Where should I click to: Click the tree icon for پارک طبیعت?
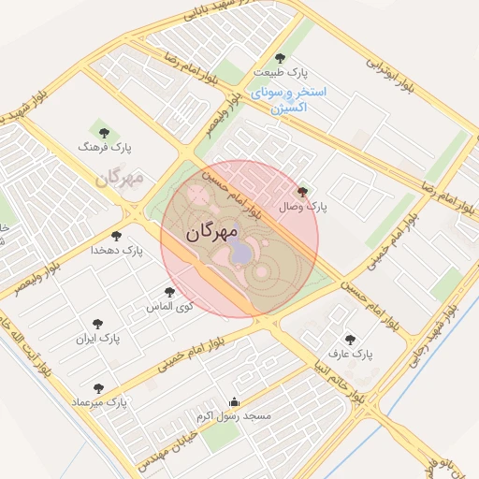click(x=281, y=58)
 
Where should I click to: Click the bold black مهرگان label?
click(x=212, y=231)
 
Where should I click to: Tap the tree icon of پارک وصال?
click(x=300, y=191)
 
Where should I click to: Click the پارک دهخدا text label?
click(x=116, y=251)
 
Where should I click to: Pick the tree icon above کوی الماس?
click(x=169, y=292)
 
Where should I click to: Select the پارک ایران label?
click(x=98, y=336)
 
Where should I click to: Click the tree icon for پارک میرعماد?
click(x=98, y=387)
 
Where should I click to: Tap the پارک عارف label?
click(x=350, y=355)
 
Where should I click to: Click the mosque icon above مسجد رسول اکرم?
click(x=234, y=402)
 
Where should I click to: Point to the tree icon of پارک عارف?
click(x=350, y=340)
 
